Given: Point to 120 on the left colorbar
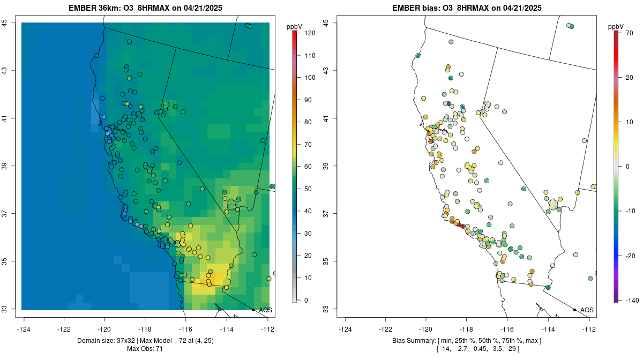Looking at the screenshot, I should point(310,33).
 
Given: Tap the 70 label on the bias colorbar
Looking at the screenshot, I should point(630,33).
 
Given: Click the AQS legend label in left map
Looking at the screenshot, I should point(266,310).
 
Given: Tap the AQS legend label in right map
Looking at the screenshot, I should point(587,310).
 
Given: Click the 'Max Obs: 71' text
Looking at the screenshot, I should point(145,349).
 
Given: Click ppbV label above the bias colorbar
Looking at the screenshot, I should point(616,26).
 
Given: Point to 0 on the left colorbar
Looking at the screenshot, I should point(306,300).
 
